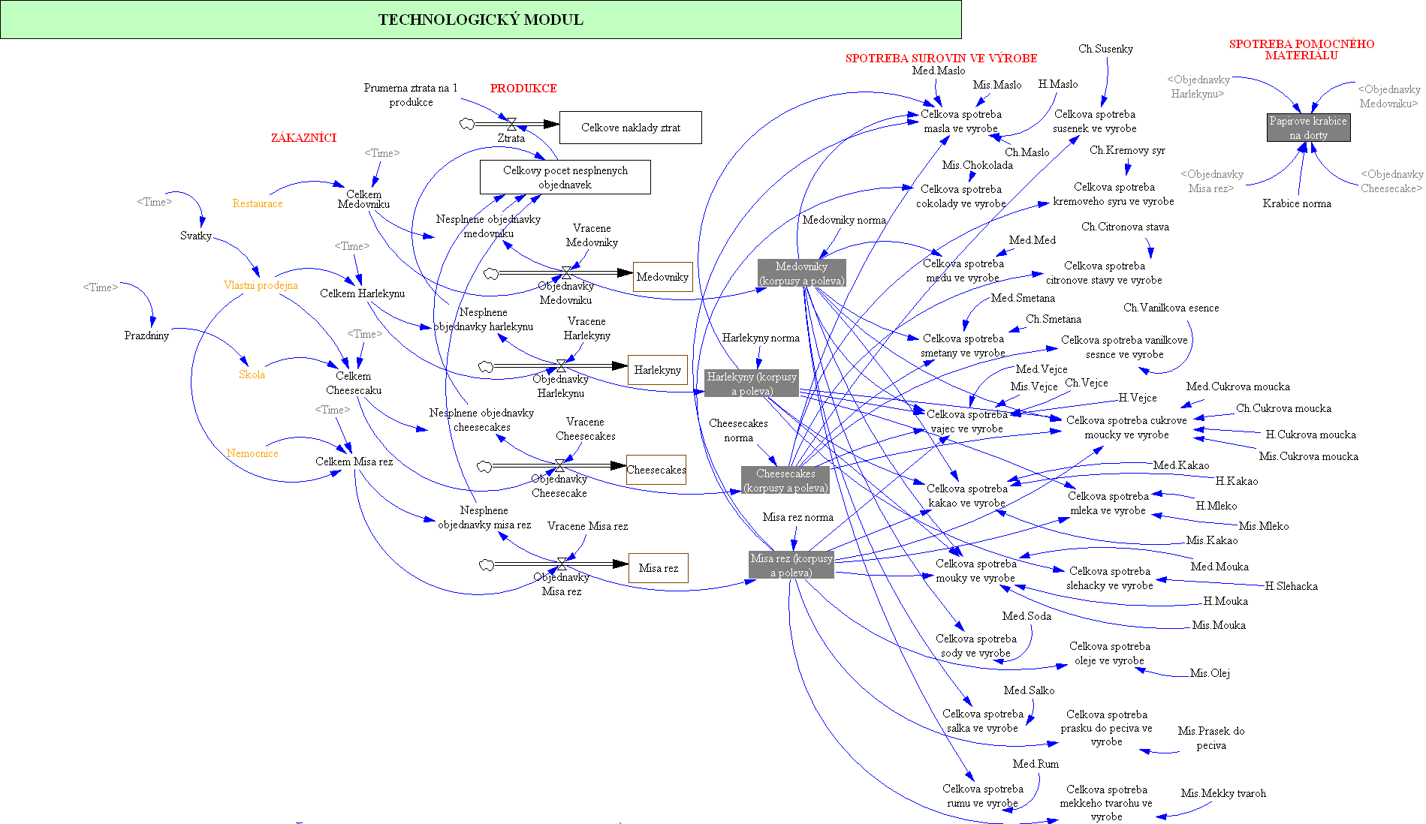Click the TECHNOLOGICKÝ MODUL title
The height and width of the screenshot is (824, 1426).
pos(481,20)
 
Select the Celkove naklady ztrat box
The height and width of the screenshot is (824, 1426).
pos(630,128)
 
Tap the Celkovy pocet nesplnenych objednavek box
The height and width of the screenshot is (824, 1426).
pos(565,177)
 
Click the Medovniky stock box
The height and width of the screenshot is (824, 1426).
pos(662,277)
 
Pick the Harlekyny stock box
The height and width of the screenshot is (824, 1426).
pos(657,370)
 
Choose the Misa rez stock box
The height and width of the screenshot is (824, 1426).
pos(658,568)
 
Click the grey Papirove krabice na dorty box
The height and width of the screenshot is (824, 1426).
pos(1308,128)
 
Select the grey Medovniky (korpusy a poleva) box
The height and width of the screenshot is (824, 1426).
pos(801,273)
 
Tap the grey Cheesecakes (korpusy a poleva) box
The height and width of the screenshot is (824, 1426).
pos(785,480)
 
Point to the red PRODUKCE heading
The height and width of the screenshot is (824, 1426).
pos(523,89)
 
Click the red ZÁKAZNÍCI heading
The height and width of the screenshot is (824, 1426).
pos(303,138)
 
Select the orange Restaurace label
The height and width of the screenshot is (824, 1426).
pos(258,203)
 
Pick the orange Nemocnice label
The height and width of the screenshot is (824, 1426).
pos(252,453)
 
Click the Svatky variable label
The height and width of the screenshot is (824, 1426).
pos(195,236)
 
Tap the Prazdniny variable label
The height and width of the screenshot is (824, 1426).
pos(146,335)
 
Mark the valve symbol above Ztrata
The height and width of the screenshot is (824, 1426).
pos(511,124)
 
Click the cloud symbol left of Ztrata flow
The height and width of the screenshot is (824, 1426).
pos(467,124)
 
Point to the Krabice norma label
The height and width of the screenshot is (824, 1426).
pos(1297,203)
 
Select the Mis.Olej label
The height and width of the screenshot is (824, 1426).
pos(1210,673)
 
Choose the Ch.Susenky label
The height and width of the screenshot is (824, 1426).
pos(1105,49)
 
